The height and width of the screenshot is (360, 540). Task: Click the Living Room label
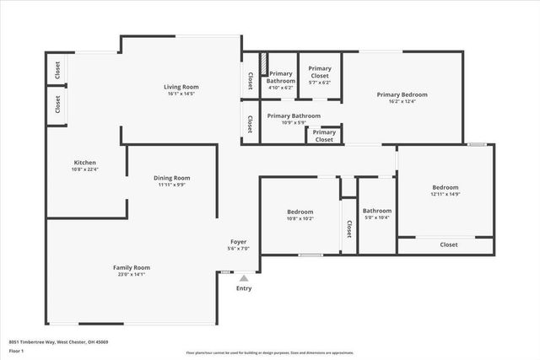point(181,87)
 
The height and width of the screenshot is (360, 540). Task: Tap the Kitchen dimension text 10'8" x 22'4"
point(85,169)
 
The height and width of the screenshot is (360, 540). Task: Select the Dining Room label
point(171,178)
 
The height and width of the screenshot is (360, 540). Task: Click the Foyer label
point(239,242)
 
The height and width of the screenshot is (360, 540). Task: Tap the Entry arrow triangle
point(244,277)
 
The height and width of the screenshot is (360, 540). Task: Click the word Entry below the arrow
point(244,288)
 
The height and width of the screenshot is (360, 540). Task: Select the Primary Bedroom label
point(402,94)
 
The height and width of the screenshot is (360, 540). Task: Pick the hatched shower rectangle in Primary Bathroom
point(263,64)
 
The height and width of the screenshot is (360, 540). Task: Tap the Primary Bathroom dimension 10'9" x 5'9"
point(294,122)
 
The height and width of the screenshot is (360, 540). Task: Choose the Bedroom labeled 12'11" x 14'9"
point(445,187)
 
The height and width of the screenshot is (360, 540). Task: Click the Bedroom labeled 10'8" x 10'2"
point(300,212)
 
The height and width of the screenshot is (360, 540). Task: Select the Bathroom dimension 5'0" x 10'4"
point(377,218)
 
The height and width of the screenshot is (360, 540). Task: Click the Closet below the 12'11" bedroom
point(448,244)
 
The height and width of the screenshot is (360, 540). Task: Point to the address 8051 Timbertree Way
point(58,341)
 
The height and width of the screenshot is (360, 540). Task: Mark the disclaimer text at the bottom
point(269,352)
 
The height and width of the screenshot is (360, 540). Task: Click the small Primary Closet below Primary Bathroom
point(324,136)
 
